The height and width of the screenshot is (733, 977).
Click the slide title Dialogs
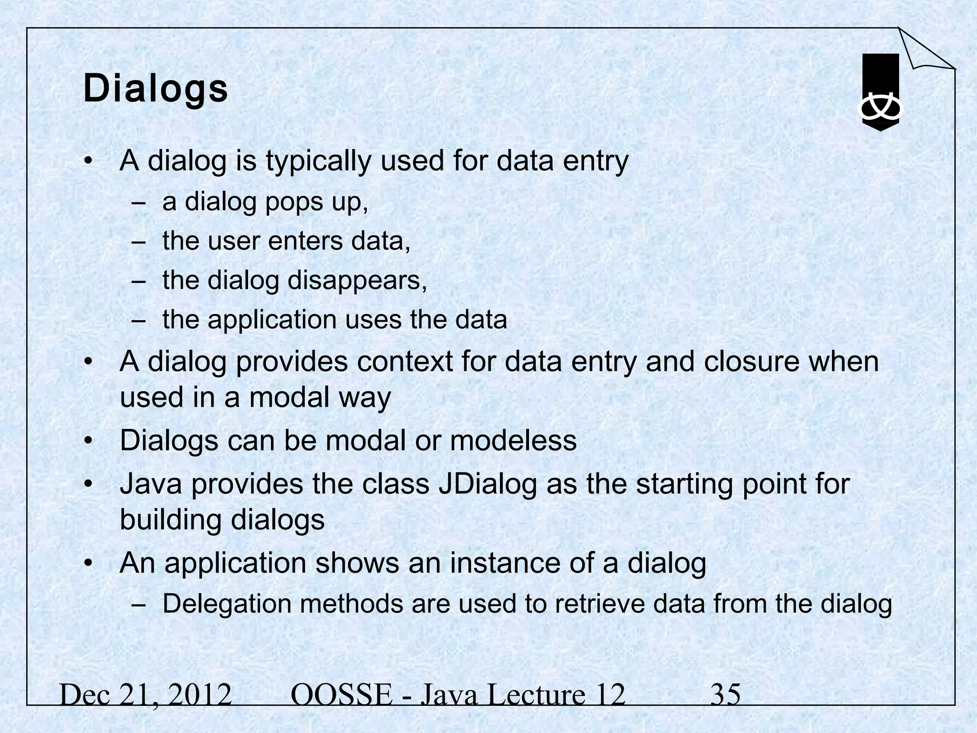coord(156,90)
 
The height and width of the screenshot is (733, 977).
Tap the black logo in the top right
coord(881,92)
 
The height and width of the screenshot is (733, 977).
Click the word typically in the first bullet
coord(318,161)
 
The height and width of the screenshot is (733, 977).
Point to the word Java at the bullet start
coord(151,484)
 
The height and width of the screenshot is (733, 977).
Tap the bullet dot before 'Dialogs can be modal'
coord(87,441)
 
